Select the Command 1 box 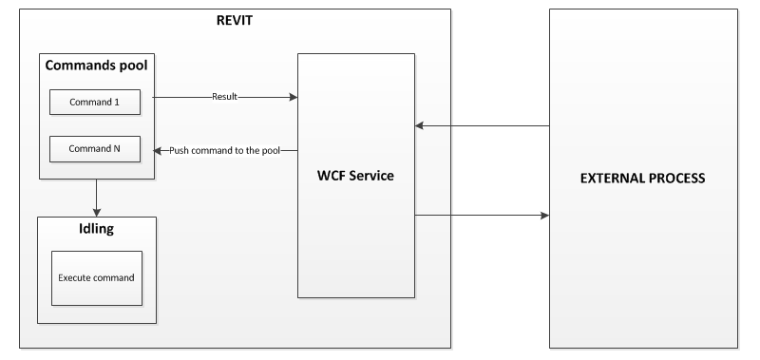click(x=96, y=102)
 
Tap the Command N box click(x=96, y=149)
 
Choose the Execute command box click(x=96, y=278)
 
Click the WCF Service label click(x=355, y=175)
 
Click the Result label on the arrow click(x=224, y=97)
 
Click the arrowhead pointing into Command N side click(x=159, y=150)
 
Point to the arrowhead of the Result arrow click(x=293, y=97)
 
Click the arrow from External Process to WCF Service click(x=482, y=125)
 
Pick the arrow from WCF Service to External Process click(x=482, y=216)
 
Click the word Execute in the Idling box click(x=76, y=278)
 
